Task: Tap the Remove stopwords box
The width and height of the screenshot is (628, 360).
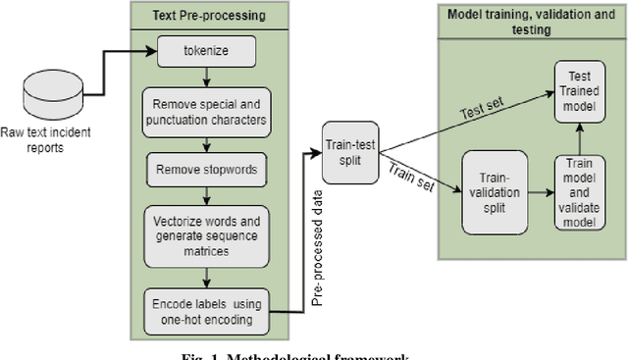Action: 206,169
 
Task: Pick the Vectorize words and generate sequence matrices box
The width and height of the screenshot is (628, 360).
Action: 206,235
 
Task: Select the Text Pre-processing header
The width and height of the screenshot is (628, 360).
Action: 209,16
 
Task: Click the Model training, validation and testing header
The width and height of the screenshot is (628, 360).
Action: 525,22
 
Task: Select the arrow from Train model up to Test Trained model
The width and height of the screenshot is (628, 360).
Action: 580,138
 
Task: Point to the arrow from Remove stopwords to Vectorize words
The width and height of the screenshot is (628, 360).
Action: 207,193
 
